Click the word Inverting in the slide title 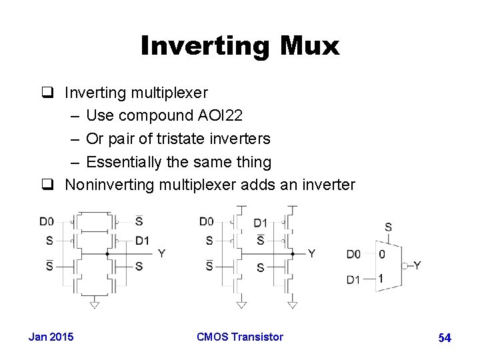click(202, 47)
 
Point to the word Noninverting click(109, 185)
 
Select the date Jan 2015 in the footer click(51, 337)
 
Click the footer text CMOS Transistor click(240, 337)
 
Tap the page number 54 click(445, 338)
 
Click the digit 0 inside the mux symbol click(381, 254)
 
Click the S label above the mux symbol click(389, 227)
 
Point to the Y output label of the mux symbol click(417, 265)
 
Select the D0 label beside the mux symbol click(353, 254)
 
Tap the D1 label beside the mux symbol click(353, 279)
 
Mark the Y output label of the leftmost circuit click(161, 253)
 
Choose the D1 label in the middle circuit click(261, 223)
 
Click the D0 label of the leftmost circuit click(47, 221)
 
